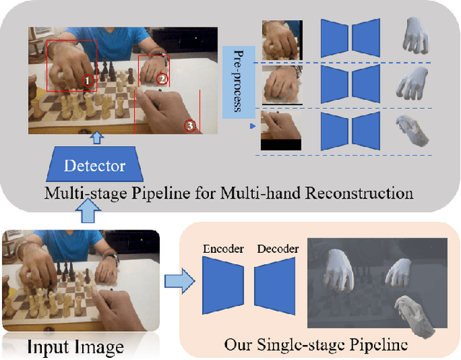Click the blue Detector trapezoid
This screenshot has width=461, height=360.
click(95, 165)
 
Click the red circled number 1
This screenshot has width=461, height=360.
click(87, 81)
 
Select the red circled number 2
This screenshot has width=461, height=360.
click(162, 78)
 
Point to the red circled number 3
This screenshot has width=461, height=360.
click(190, 125)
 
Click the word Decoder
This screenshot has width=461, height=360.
click(277, 249)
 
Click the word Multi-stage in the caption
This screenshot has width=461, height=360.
click(80, 193)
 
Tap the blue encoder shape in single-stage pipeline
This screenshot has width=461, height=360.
click(224, 287)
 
